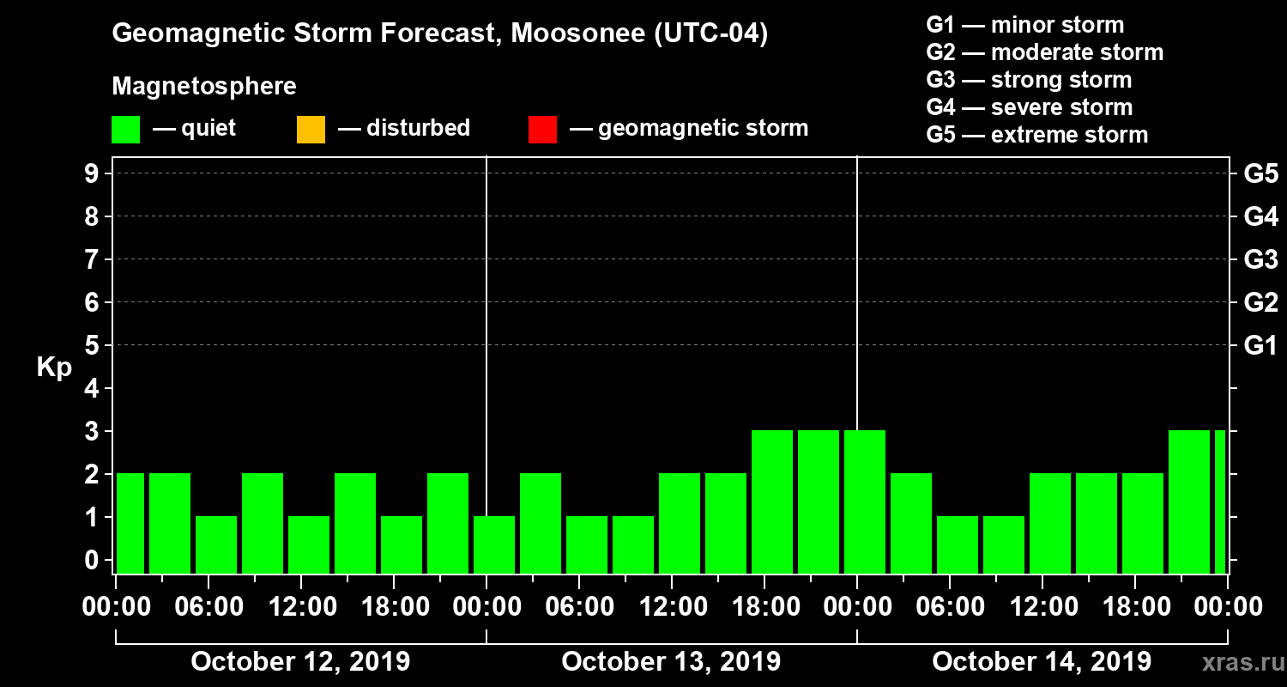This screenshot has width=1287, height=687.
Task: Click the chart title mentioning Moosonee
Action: [439, 34]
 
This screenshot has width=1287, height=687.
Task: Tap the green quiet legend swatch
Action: [125, 130]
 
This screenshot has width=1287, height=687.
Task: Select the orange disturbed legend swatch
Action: [311, 130]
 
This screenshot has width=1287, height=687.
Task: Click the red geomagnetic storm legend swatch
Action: [542, 130]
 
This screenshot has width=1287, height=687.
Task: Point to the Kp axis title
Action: [54, 367]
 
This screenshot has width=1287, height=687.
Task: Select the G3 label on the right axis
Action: [1260, 259]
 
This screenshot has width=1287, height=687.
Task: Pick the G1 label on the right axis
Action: [1260, 345]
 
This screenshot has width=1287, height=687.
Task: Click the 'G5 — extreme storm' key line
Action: [1036, 135]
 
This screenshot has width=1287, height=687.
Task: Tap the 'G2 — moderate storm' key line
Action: [1044, 52]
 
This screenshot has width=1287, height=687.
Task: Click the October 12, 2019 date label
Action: [300, 662]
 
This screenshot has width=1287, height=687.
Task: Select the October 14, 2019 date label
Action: [1042, 662]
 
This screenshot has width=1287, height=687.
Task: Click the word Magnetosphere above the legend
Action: [204, 87]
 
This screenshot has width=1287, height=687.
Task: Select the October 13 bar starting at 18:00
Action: [772, 502]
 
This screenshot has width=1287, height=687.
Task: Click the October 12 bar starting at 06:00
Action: [216, 544]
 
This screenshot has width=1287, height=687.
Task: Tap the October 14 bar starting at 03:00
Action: [911, 523]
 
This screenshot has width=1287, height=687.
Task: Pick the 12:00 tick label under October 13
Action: [671, 607]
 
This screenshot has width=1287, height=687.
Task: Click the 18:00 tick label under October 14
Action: [1134, 607]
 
